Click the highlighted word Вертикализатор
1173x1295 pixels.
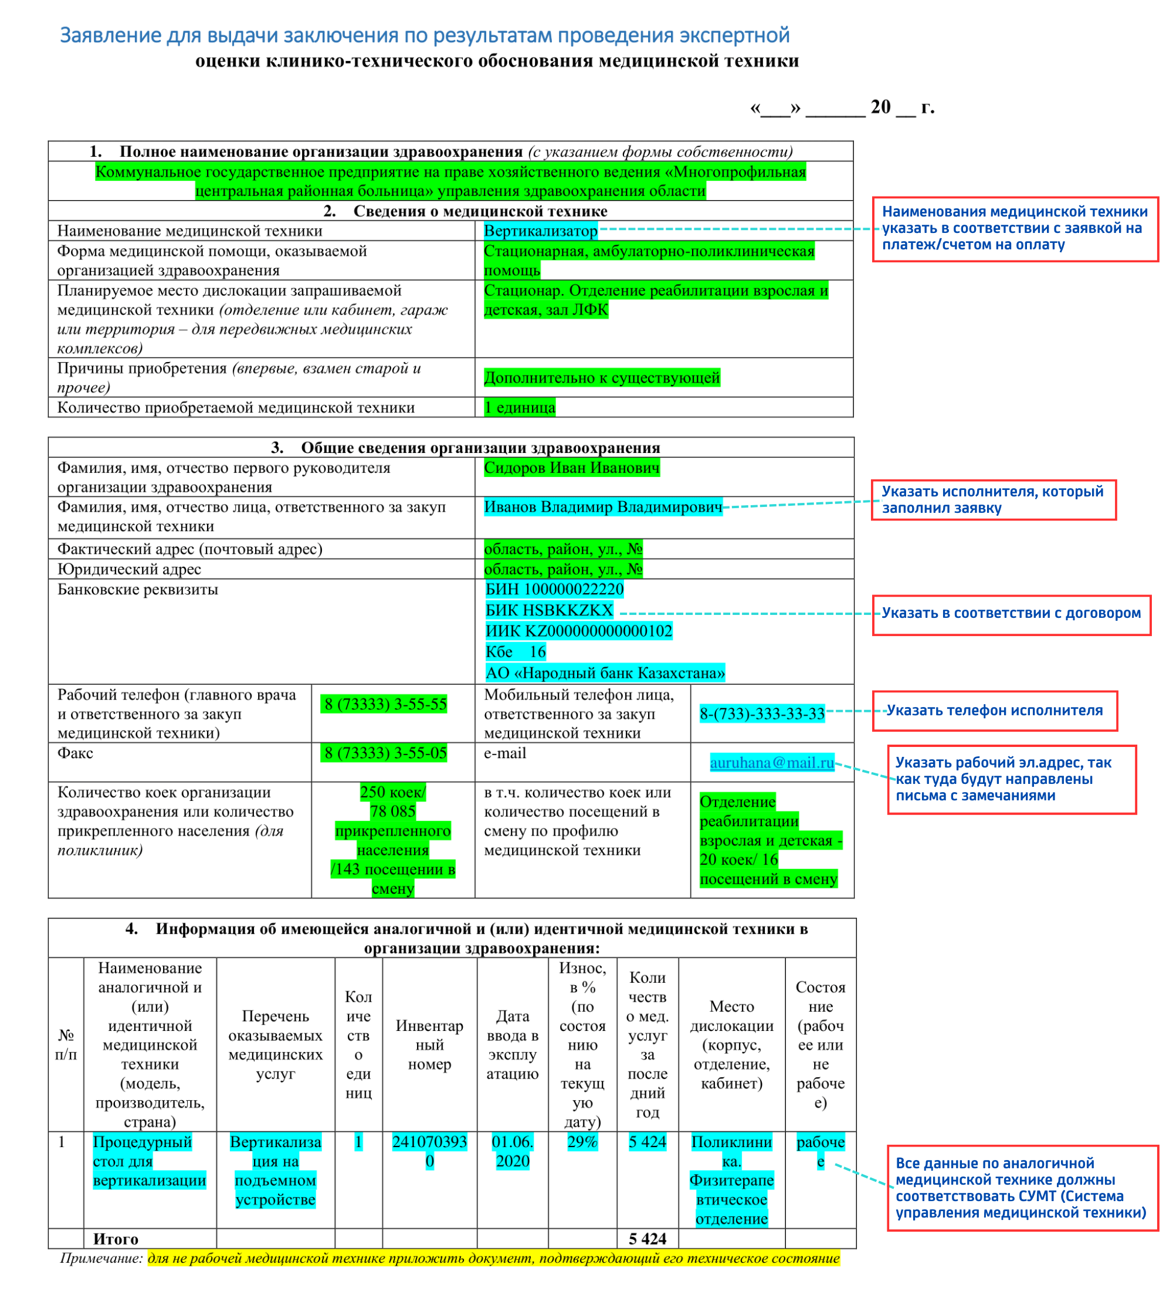(540, 231)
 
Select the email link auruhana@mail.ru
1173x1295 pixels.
(771, 762)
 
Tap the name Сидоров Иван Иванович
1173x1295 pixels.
(571, 468)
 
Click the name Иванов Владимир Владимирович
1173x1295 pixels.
(602, 507)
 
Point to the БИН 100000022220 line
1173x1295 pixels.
(554, 589)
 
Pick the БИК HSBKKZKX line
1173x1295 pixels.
(549, 610)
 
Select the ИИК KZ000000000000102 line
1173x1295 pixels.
(578, 631)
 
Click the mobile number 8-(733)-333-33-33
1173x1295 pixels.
(761, 714)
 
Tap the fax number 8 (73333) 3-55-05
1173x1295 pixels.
(385, 753)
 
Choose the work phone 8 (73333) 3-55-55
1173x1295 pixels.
(385, 704)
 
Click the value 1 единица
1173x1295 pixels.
(520, 407)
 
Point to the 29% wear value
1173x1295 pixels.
(582, 1142)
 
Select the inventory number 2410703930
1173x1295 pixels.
(429, 1151)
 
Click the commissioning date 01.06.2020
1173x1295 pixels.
(513, 1151)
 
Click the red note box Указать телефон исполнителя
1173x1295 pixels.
(994, 711)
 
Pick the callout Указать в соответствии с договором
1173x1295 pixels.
(1011, 613)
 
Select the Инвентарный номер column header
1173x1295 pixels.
(429, 1044)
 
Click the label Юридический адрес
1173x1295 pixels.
(129, 569)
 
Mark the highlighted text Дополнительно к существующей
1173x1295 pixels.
(602, 378)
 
